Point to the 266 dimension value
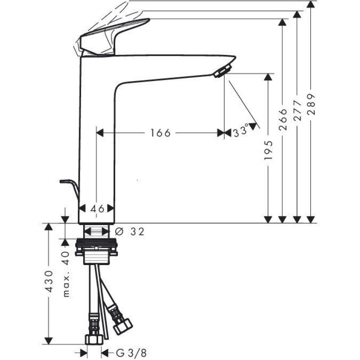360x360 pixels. tap(283, 119)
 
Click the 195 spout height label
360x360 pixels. tap(268, 150)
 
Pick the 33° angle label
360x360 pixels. tap(241, 132)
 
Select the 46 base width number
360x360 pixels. tap(97, 208)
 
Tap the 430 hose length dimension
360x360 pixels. tap(49, 282)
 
